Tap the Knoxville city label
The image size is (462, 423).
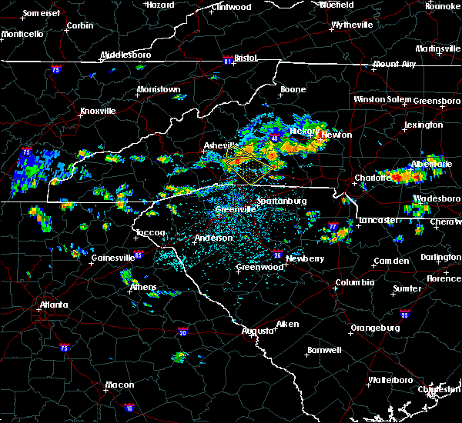[97, 111]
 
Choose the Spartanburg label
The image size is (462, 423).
[282, 201]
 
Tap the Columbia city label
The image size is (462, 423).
[354, 282]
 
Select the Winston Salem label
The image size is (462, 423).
[382, 100]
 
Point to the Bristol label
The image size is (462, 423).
[246, 58]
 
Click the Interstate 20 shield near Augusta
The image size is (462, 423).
[183, 332]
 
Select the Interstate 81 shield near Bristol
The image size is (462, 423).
[228, 58]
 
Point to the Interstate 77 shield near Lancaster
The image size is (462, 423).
[333, 228]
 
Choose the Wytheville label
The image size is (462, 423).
[352, 25]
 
